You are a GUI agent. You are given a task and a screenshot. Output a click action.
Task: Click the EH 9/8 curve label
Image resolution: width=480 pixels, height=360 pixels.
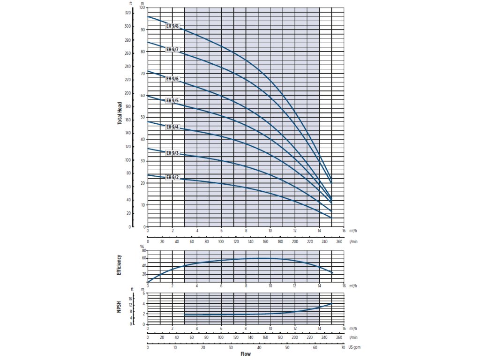[x=172, y=26]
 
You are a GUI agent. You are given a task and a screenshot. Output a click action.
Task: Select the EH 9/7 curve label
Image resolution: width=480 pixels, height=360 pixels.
[x=172, y=49]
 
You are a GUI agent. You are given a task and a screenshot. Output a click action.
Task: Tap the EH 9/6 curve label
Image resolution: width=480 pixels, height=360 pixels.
[x=172, y=79]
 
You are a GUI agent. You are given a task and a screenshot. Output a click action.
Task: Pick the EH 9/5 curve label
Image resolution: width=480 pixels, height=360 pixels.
[x=172, y=101]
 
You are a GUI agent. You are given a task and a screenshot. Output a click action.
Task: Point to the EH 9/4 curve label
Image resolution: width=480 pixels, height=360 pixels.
[x=172, y=127]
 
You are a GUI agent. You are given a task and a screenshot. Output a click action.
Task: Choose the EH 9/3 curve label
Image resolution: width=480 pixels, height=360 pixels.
[x=172, y=153]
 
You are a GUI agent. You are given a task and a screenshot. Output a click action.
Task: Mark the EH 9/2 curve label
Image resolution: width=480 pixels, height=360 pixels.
[x=172, y=178]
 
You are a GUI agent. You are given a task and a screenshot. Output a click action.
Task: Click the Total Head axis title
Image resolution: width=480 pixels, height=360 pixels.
[x=120, y=113]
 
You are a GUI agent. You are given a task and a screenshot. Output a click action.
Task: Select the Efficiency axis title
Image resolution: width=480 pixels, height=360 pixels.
[x=119, y=265]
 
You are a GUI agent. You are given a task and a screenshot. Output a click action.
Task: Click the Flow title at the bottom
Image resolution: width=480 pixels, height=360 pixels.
[x=246, y=354]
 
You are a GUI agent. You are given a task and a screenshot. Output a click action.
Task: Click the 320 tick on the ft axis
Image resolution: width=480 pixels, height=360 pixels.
[x=128, y=13]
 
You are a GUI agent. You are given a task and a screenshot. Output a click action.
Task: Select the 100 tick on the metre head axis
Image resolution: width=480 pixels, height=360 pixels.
[x=142, y=8]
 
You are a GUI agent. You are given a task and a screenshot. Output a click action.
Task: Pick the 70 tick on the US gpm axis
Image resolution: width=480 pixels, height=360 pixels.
[x=344, y=347]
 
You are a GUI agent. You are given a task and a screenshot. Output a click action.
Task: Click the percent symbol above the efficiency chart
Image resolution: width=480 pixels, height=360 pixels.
[x=142, y=246]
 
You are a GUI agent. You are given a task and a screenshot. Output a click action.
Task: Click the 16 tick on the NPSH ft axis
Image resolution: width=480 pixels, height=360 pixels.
[x=131, y=299]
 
